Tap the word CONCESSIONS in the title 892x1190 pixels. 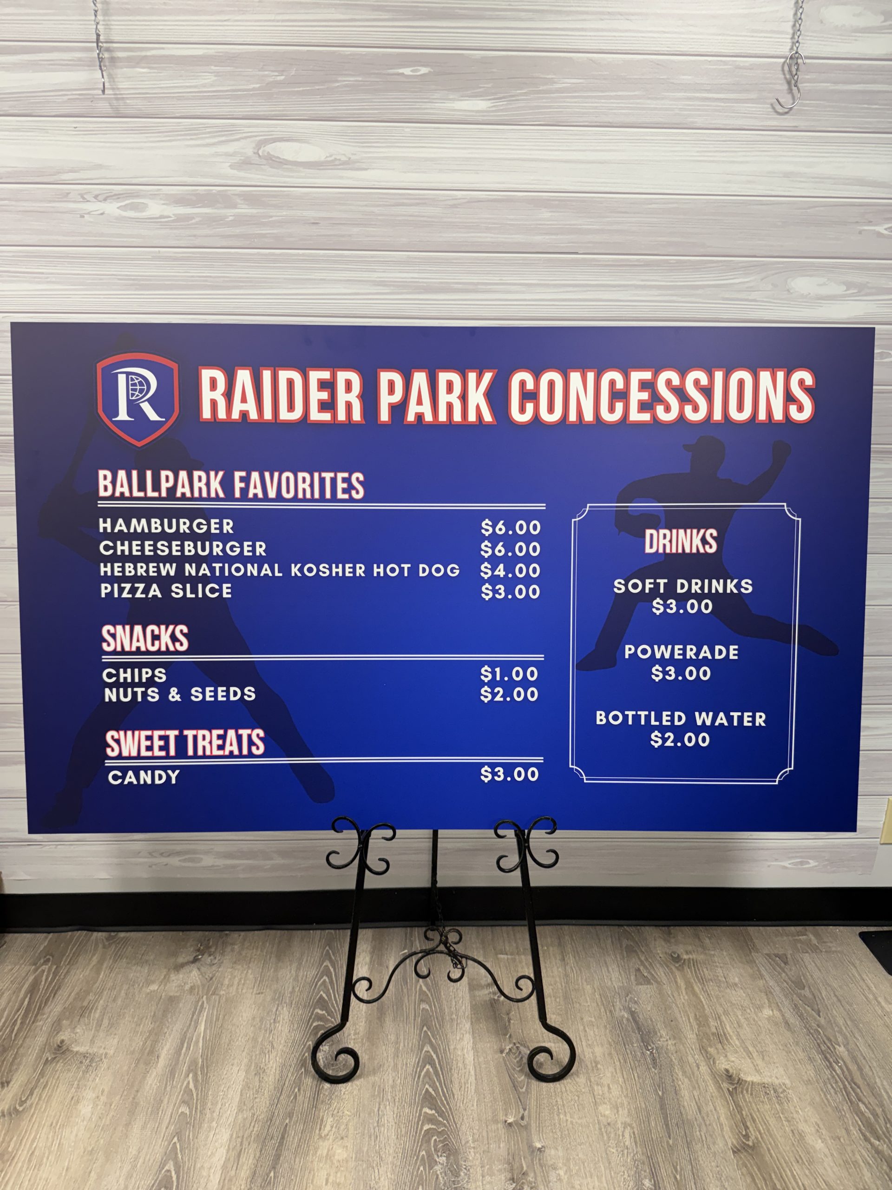pyautogui.click(x=662, y=397)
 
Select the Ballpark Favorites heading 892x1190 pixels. pyautogui.click(x=231, y=485)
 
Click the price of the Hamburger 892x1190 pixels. pyautogui.click(x=511, y=528)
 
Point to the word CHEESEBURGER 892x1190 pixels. pyautogui.click(x=183, y=548)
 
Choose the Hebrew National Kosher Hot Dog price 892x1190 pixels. pyautogui.click(x=510, y=570)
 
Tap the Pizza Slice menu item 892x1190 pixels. pyautogui.click(x=166, y=591)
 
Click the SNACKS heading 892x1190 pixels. pyautogui.click(x=145, y=639)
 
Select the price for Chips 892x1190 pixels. pyautogui.click(x=509, y=674)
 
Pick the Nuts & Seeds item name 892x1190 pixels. pyautogui.click(x=180, y=694)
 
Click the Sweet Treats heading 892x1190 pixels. pyautogui.click(x=185, y=743)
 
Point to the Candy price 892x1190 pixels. pyautogui.click(x=510, y=774)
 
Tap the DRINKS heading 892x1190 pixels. pyautogui.click(x=681, y=541)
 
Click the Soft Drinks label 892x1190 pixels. pyautogui.click(x=683, y=586)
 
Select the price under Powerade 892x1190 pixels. pyautogui.click(x=681, y=673)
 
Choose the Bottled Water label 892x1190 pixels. pyautogui.click(x=681, y=718)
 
